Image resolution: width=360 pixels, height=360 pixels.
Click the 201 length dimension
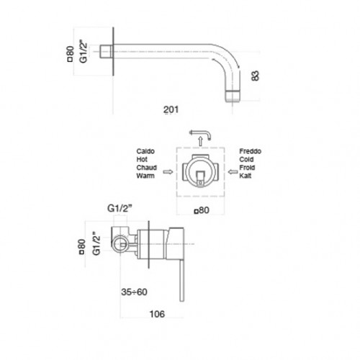[171, 109]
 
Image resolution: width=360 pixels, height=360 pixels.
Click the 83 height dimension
[256, 76]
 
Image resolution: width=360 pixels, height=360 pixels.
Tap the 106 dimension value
[157, 314]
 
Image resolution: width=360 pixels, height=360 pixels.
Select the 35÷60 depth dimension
[134, 292]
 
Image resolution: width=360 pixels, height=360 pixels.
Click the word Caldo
[145, 151]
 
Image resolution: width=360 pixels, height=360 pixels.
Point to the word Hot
[142, 159]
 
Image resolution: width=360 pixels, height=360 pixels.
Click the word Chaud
[146, 168]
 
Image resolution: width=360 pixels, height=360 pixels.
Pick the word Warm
[145, 176]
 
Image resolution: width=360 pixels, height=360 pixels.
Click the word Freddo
[250, 151]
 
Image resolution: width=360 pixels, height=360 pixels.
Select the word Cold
[246, 159]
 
